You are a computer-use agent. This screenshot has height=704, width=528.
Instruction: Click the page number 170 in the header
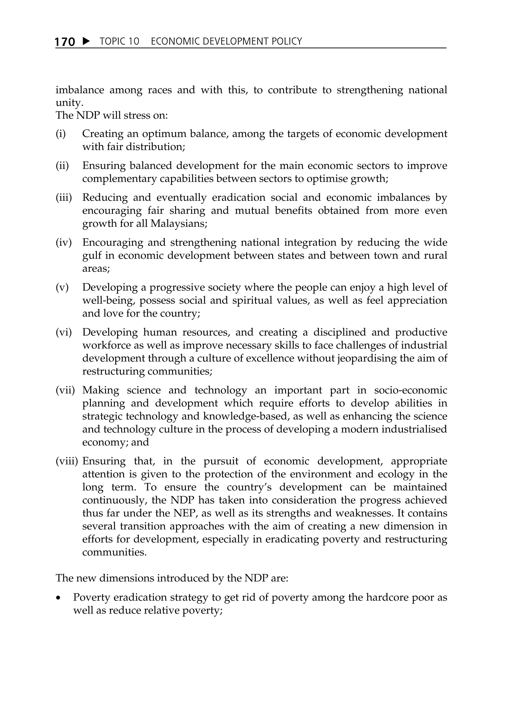click(x=65, y=42)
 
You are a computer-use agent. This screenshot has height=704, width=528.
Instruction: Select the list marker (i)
click(x=61, y=134)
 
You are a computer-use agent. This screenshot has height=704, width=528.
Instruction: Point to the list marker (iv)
click(x=64, y=243)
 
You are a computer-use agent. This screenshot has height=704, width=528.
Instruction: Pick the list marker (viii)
click(x=67, y=461)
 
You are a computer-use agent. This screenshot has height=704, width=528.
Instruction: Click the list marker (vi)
click(x=64, y=332)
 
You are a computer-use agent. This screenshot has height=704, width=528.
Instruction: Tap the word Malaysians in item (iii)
click(x=179, y=223)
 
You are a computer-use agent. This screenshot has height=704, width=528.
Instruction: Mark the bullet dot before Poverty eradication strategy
click(x=58, y=598)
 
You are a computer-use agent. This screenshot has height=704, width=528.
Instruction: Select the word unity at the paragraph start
click(x=69, y=103)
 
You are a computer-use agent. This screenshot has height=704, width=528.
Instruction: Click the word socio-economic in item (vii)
click(x=410, y=390)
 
